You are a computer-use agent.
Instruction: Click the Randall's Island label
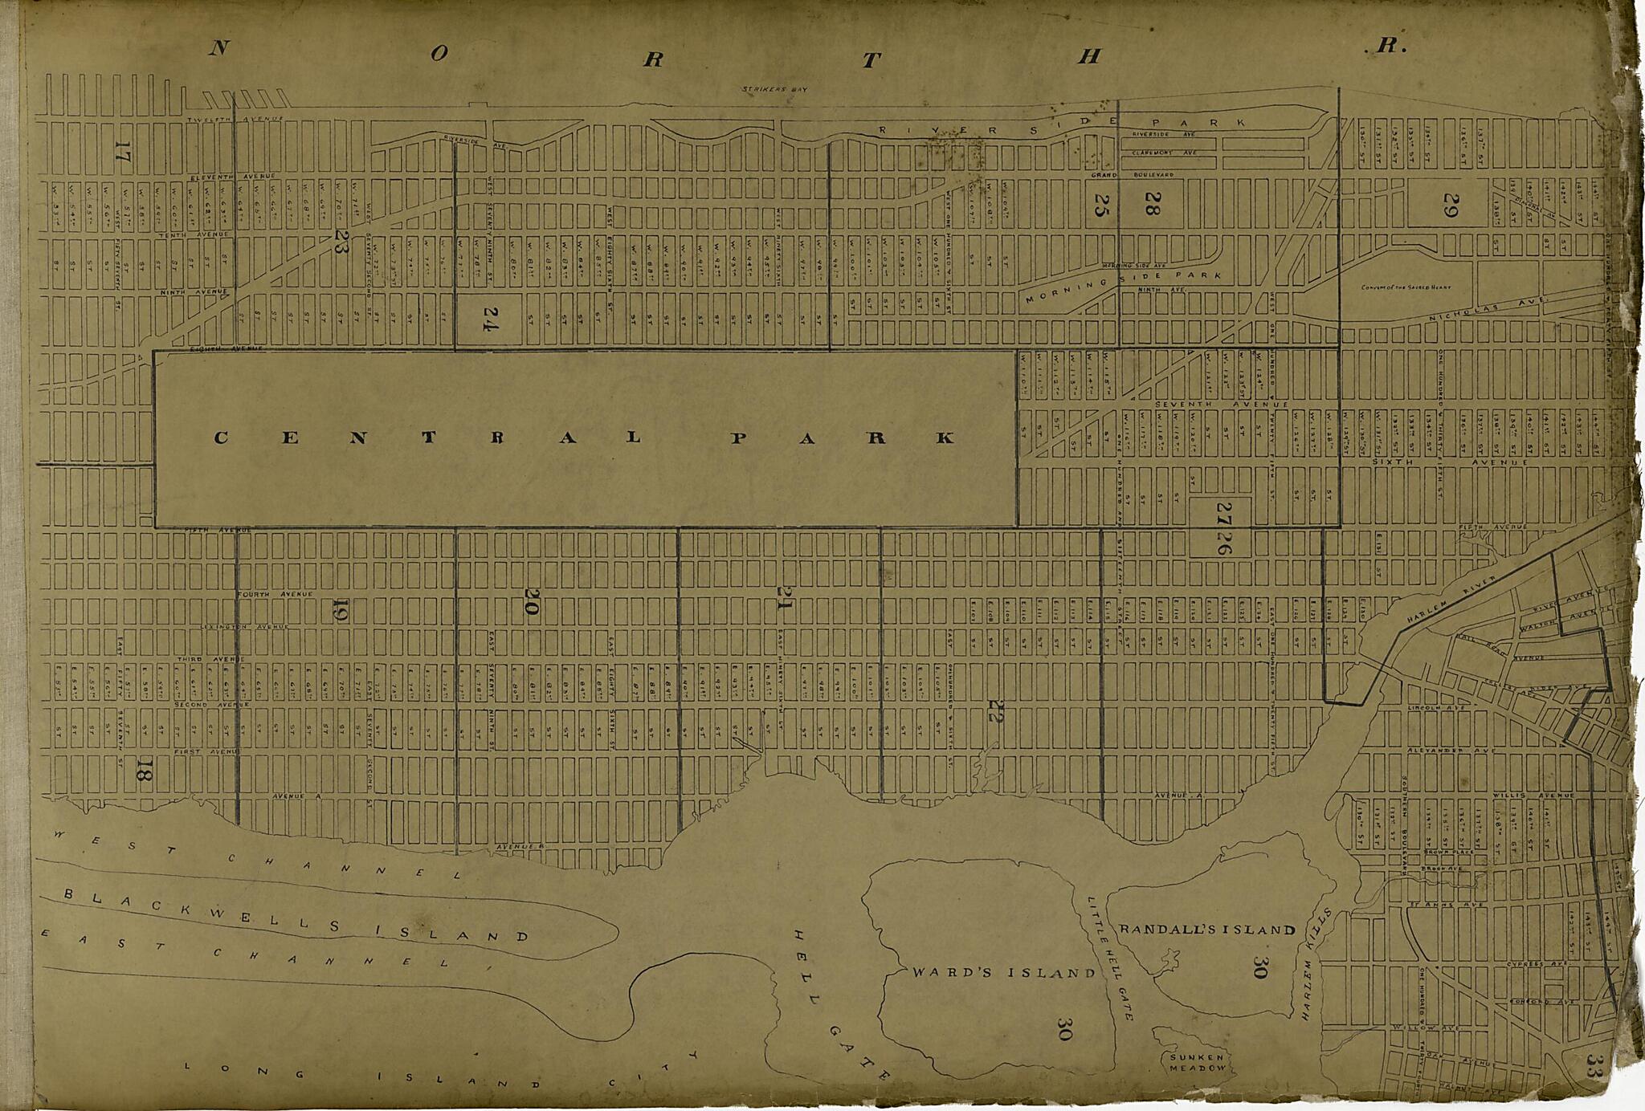click(x=1207, y=930)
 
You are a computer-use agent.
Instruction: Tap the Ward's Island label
click(x=1003, y=973)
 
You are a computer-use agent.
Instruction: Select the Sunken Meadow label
click(x=1198, y=1063)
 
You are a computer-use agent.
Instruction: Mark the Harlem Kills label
click(x=1315, y=963)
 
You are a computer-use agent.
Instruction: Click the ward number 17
click(x=122, y=151)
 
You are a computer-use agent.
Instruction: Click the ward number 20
click(x=530, y=604)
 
